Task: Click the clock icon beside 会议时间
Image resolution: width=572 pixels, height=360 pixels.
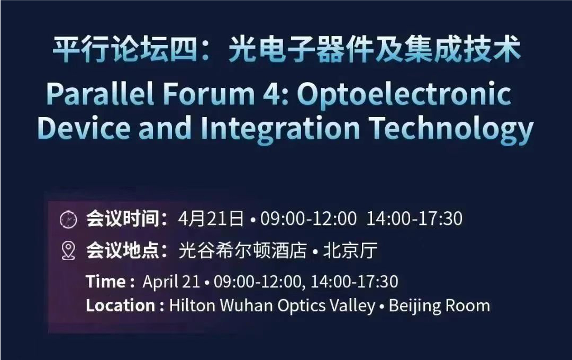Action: (x=68, y=219)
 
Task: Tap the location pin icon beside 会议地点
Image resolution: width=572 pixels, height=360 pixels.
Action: (x=68, y=250)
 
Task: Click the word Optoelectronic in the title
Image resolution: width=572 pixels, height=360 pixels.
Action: (x=404, y=95)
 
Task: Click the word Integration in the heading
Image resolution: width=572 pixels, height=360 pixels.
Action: (x=280, y=129)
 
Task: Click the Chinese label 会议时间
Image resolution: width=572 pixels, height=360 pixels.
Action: (x=123, y=219)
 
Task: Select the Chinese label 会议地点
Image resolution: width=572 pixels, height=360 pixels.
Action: (x=123, y=250)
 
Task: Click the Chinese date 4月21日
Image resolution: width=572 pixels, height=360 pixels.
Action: (x=211, y=218)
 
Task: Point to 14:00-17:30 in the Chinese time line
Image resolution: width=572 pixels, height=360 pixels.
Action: (x=414, y=218)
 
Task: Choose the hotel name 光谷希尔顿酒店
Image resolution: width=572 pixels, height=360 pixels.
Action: (x=242, y=250)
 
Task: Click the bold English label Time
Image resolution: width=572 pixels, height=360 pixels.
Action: (x=106, y=282)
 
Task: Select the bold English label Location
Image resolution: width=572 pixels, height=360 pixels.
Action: (x=121, y=305)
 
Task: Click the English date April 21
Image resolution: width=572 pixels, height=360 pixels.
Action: (x=171, y=282)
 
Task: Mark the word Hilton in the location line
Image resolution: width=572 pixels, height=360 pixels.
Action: (x=192, y=305)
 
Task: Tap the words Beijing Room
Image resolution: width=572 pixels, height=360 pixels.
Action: (x=439, y=306)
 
